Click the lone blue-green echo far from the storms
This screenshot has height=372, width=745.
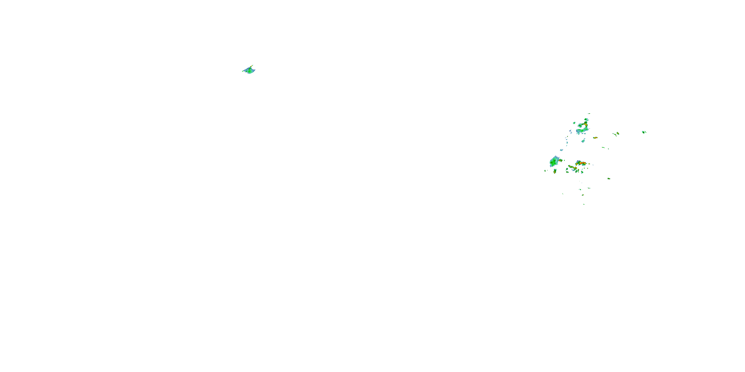pos(249,70)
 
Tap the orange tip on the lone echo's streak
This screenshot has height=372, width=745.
pos(252,65)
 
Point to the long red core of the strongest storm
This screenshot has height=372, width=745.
pos(582,163)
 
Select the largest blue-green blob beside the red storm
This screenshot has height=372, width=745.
pos(555,161)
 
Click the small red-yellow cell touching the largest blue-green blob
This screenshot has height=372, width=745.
pos(560,160)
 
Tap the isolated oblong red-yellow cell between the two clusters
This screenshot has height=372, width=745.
pos(595,138)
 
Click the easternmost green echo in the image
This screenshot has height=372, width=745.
pos(644,132)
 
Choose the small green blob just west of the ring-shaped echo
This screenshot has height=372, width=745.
pos(574,123)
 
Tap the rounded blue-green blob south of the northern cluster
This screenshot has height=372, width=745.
pos(583,141)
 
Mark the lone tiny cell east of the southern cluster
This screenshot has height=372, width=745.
pos(609,179)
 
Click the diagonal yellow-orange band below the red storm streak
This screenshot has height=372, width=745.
pos(572,167)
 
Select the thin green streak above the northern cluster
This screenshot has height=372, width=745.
pos(589,114)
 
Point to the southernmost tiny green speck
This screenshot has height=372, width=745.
pos(584,204)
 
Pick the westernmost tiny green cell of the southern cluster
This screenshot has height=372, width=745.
pos(545,171)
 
